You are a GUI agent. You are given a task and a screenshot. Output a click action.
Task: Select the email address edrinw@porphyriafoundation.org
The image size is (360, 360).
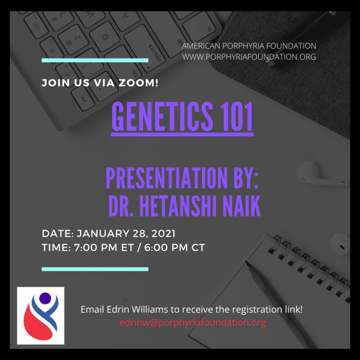point(193,323)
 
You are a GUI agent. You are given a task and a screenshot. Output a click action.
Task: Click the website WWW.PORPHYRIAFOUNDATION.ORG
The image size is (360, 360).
point(249,57)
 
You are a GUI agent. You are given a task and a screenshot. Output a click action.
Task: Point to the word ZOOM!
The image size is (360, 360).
point(139,82)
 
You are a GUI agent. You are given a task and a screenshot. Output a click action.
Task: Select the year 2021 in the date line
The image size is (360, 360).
point(164,234)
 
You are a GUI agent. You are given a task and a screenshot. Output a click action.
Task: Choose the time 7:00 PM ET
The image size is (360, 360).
point(104,248)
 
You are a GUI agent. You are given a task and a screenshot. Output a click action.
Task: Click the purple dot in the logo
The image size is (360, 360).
point(45,298)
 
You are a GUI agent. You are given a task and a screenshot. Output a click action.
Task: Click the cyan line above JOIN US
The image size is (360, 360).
point(95,60)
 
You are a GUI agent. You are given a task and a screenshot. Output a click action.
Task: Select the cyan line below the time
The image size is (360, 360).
point(95,269)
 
